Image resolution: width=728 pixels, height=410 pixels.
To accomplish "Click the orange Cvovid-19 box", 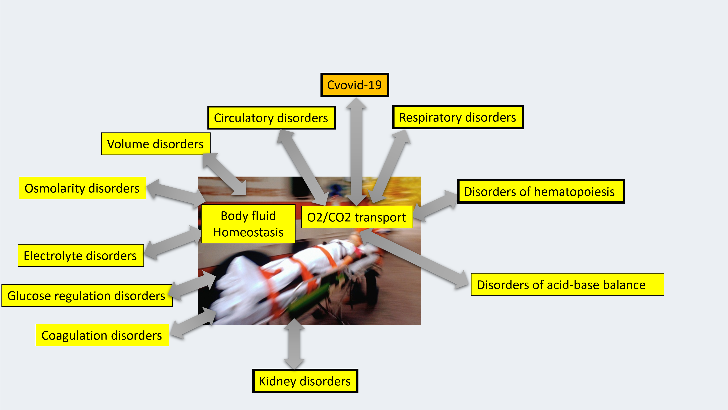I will [x=354, y=85].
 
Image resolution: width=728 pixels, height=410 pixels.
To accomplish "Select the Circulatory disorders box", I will [x=271, y=118].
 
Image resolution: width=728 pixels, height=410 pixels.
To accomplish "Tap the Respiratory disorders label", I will [x=458, y=117].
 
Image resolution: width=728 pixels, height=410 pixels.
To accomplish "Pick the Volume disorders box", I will [x=156, y=144].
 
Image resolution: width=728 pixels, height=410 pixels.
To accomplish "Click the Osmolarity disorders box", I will [x=82, y=188].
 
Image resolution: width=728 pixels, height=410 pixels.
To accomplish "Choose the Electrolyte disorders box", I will [x=81, y=255].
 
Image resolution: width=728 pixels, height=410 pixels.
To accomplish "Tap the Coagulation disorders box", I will [x=102, y=335].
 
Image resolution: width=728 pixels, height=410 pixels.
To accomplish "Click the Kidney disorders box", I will [x=305, y=381].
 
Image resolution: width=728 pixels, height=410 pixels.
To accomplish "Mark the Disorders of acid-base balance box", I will [x=567, y=285].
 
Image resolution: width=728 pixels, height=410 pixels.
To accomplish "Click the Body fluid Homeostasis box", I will [x=248, y=224].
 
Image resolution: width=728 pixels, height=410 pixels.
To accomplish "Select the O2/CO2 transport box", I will [x=357, y=217].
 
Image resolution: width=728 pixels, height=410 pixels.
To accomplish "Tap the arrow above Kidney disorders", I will [x=294, y=344].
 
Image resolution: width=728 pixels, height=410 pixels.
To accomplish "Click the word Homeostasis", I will [x=248, y=232].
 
